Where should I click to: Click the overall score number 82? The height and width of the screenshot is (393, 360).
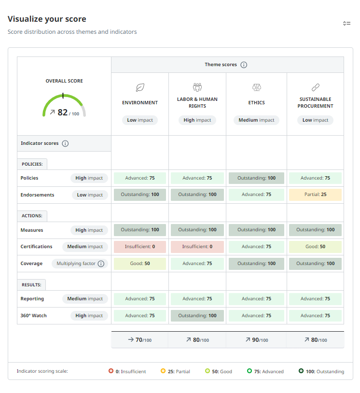click(x=62, y=112)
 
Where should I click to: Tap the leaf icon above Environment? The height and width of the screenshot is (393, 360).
click(x=140, y=87)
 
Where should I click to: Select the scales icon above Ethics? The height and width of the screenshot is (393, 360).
click(x=256, y=87)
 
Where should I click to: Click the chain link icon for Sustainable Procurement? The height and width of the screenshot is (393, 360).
click(x=315, y=87)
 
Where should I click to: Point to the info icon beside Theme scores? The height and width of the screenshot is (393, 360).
click(x=244, y=65)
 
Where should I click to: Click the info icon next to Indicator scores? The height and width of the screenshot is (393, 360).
click(x=65, y=143)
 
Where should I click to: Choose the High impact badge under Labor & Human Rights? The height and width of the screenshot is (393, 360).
click(x=197, y=120)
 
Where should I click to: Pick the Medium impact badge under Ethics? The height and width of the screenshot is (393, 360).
click(x=256, y=120)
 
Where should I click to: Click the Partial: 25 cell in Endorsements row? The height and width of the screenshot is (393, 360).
click(x=315, y=195)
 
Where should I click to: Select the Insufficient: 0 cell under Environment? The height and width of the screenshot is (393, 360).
click(x=140, y=247)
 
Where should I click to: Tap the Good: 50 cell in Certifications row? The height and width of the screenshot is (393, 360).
click(x=315, y=247)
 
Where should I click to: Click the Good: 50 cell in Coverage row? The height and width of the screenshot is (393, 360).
click(x=140, y=264)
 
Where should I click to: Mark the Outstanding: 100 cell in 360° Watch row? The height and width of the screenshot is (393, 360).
click(x=197, y=316)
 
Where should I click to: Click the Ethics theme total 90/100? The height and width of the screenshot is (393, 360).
click(x=256, y=340)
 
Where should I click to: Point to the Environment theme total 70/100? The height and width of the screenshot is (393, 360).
click(x=140, y=340)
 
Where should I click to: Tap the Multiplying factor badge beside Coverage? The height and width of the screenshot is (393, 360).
click(x=80, y=264)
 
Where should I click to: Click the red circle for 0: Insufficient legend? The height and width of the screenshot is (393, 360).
click(x=111, y=371)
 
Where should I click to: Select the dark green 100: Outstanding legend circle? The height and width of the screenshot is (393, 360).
click(x=301, y=371)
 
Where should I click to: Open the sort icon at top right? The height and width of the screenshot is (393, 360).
click(x=346, y=23)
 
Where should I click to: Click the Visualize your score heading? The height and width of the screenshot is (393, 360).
click(x=47, y=19)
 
